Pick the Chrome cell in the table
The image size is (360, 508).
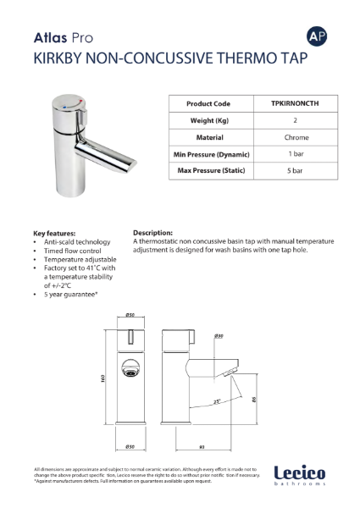pos(296,137)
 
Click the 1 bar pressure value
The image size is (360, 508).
pos(296,154)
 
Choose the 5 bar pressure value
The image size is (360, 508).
pos(296,171)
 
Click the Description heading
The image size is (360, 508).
pos(153,231)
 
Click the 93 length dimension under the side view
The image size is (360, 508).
pos(202,446)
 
